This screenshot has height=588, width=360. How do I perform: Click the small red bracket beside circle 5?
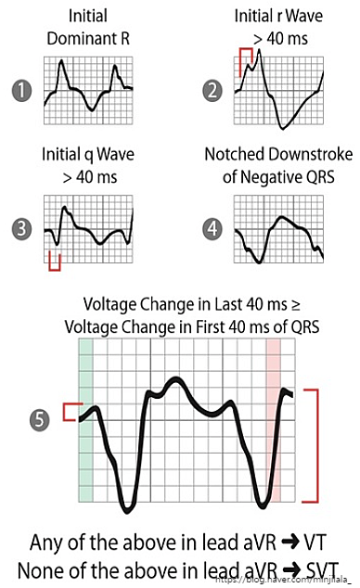[x=69, y=412]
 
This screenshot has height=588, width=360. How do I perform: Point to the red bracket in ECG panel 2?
[x=245, y=61]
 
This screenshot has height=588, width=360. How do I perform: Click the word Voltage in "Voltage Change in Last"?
[x=111, y=304]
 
